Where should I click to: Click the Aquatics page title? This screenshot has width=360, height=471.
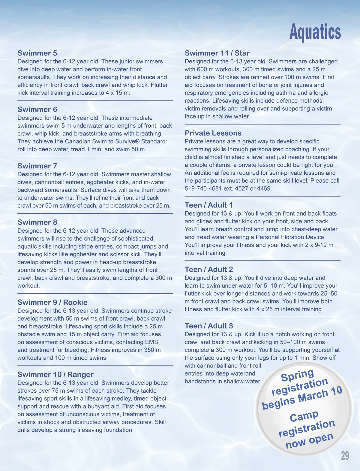click(315, 32)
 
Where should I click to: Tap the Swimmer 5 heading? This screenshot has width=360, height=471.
click(37, 53)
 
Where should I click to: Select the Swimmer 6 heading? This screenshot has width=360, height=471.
click(37, 110)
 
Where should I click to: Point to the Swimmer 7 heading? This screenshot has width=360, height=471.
click(37, 166)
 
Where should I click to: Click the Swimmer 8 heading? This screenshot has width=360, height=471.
click(37, 222)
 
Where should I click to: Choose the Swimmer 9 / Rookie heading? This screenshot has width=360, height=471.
click(52, 303)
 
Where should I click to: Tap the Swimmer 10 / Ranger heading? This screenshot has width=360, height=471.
click(55, 375)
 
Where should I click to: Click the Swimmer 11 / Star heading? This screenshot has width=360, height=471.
click(217, 53)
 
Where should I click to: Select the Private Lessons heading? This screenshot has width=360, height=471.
click(213, 133)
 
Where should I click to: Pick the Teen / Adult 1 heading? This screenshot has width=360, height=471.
click(209, 205)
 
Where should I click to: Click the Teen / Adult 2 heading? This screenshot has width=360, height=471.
click(209, 270)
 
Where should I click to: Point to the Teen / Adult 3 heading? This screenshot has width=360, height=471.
click(209, 326)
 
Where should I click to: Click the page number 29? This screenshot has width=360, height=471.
click(345, 456)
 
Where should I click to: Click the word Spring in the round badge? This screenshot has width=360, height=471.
click(297, 375)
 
